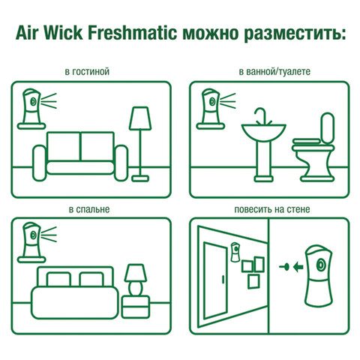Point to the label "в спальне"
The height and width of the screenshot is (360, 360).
click(x=88, y=208)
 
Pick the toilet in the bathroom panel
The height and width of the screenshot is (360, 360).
click(x=318, y=142)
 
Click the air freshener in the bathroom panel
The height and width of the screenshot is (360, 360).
click(x=211, y=105)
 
